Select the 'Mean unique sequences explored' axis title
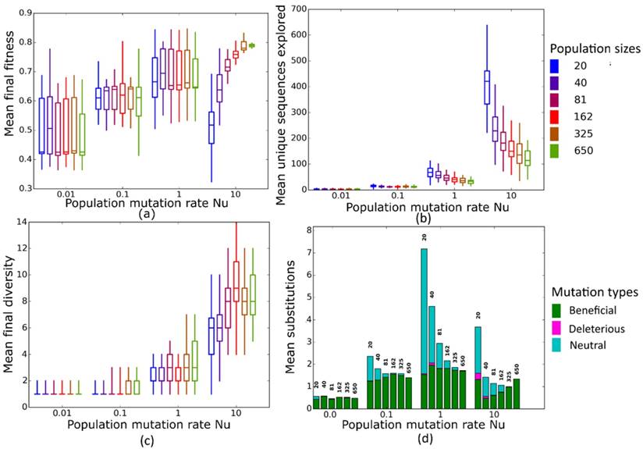coord(294,96)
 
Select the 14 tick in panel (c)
coord(24,223)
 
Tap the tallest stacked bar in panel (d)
coord(425,329)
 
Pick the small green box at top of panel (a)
coord(251,45)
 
